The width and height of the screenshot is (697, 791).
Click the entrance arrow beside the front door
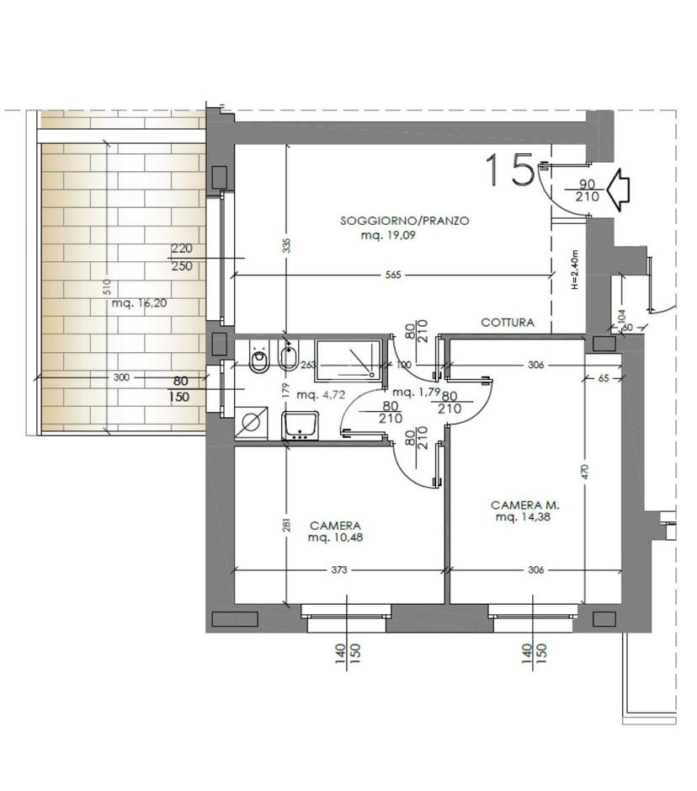coord(617,190)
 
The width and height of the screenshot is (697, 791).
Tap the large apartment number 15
coord(510,170)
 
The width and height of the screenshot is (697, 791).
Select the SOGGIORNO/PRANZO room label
coord(405,221)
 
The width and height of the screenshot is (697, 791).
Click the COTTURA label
coord(508,323)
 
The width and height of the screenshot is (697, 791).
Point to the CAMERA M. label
coord(525,505)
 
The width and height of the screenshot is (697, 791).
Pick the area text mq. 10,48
coord(335,537)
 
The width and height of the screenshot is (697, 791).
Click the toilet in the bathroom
coord(259,357)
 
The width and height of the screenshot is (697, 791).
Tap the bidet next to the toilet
coord(289,356)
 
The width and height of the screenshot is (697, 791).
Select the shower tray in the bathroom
coord(348,359)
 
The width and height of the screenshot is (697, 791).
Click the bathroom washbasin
coord(301,425)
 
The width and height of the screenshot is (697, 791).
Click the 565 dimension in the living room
coord(393,275)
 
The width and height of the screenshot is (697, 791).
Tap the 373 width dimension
coord(339,570)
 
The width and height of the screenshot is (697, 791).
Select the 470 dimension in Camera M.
coord(584,471)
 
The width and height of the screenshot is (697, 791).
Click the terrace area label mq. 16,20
coord(139,303)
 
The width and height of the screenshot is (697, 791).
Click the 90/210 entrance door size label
coord(587,190)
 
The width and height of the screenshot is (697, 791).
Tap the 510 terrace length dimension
coord(106,287)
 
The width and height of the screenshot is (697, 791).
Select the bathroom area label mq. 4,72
coord(321,394)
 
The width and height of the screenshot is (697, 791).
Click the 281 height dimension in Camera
coord(287,525)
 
